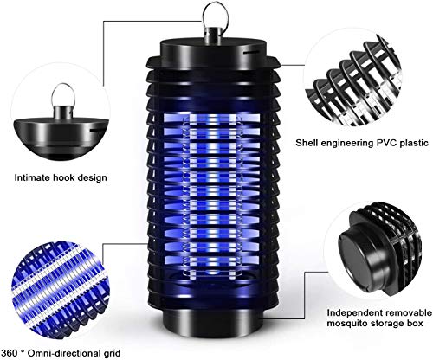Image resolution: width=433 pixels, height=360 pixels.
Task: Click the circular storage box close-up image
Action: click(x=369, y=260)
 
